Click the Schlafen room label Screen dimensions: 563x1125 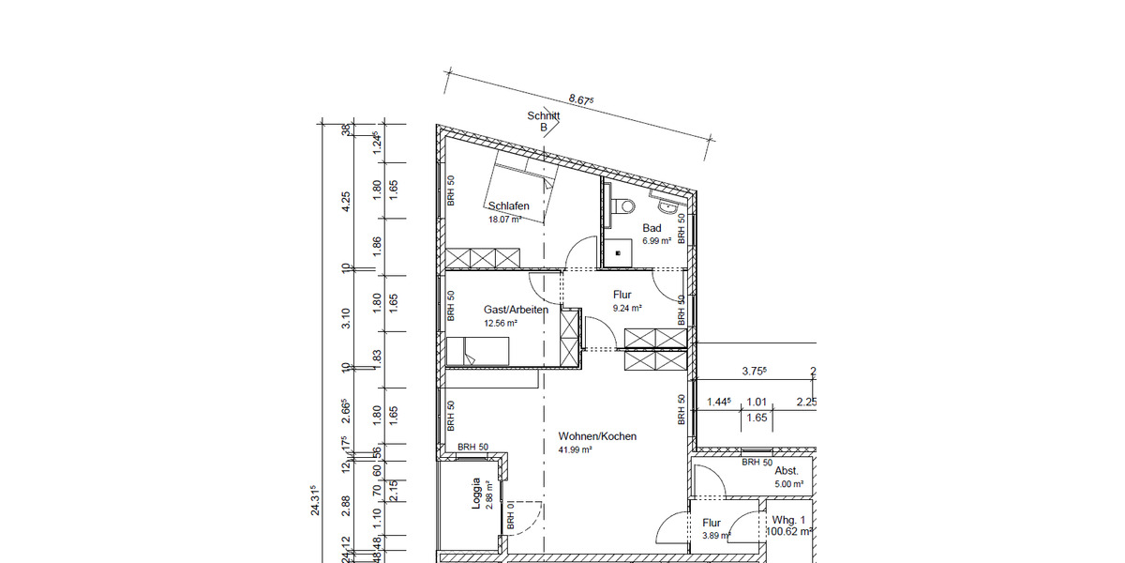508,206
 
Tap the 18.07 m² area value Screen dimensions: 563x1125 504,220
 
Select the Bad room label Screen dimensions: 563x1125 652,228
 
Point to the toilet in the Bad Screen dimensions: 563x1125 623,206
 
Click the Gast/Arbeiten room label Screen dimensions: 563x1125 516,310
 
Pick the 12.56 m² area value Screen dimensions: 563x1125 501,323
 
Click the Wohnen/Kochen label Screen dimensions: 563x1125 597,436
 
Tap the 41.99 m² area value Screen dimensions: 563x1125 575,449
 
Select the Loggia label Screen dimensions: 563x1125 476,494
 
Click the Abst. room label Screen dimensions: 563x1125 787,472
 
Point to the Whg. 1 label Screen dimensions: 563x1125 788,519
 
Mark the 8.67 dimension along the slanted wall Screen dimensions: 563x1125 581,99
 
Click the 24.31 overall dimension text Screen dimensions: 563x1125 315,500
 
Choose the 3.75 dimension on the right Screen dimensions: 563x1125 754,371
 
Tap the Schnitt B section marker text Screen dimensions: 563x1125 544,122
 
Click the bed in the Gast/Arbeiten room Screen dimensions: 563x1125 478,352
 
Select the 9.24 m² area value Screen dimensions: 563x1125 626,308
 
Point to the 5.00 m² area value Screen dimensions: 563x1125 789,485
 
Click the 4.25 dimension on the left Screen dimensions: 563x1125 346,202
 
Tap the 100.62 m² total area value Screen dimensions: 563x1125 788,531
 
